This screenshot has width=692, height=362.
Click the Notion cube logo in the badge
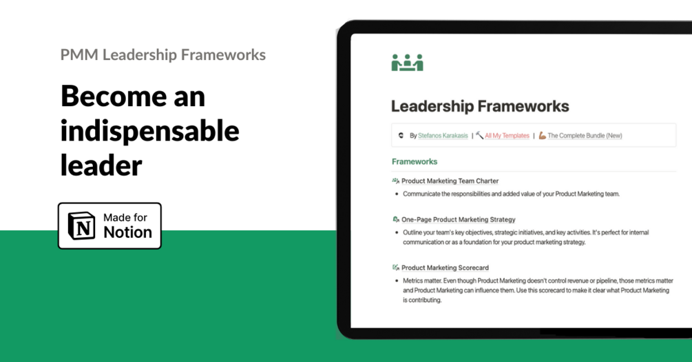coord(82,226)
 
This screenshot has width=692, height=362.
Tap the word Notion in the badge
coord(127,232)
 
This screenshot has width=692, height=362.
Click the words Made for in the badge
coord(125,217)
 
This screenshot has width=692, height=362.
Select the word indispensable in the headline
coord(149,131)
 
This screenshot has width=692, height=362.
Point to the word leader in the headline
coord(101,165)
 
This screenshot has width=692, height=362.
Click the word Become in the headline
coord(114,97)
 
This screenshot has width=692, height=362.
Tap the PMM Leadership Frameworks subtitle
coord(163,54)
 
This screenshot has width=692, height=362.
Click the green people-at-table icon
coord(408,62)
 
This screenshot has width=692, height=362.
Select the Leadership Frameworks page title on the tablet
coord(480,106)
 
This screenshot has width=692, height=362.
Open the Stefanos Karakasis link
coord(443,136)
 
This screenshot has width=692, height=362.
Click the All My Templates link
coord(507,136)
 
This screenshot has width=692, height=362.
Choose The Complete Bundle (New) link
coord(585,136)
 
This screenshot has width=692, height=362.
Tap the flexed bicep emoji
coord(543,135)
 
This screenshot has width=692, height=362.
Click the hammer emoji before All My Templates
coord(480,135)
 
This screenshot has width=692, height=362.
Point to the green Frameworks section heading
coord(415,162)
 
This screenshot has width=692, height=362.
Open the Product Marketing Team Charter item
coord(450,181)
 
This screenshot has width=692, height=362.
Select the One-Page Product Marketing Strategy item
coord(459,219)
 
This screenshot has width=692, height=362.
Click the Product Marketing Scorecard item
coord(445,268)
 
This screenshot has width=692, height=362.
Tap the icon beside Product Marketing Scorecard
coord(396,268)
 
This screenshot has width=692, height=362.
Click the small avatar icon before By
coord(401,136)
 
